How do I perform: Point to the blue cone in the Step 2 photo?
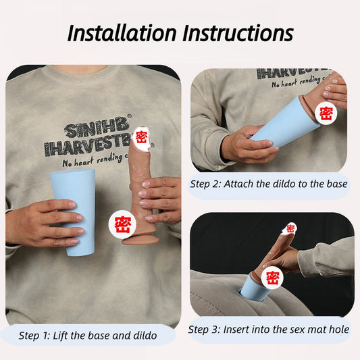click(x=284, y=125)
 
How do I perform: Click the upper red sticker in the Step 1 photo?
click(x=141, y=138)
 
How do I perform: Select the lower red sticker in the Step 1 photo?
click(x=123, y=223)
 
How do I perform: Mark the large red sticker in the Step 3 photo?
click(x=272, y=278)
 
